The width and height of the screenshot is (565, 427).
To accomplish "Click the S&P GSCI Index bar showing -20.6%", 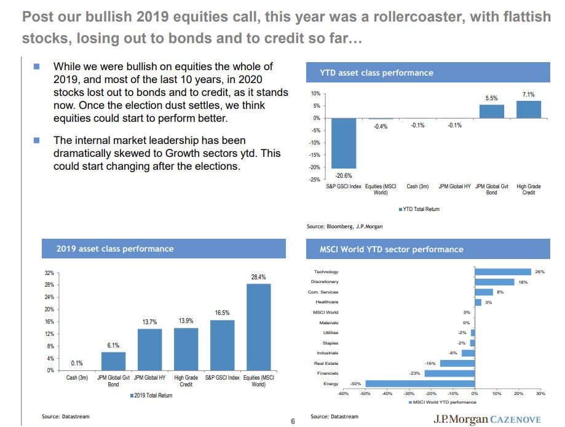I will pyautogui.click(x=343, y=143).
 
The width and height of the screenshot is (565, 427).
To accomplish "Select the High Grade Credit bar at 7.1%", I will pyautogui.click(x=528, y=110).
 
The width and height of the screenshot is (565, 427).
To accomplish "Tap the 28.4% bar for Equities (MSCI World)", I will pyautogui.click(x=258, y=327).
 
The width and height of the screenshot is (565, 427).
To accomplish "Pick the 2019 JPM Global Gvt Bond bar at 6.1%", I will pyautogui.click(x=113, y=361).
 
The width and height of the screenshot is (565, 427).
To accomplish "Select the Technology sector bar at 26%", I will pyautogui.click(x=503, y=271).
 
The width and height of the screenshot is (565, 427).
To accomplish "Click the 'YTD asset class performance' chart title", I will pyautogui.click(x=376, y=73).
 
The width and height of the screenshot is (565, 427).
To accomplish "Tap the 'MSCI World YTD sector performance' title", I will pyautogui.click(x=392, y=249).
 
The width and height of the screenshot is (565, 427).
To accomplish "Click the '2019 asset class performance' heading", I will pyautogui.click(x=115, y=249).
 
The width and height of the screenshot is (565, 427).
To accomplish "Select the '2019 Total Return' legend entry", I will pyautogui.click(x=152, y=395).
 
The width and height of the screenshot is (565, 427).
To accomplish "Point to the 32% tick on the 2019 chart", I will pyautogui.click(x=50, y=272).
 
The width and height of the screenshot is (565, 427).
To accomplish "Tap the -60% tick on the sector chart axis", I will pyautogui.click(x=343, y=393).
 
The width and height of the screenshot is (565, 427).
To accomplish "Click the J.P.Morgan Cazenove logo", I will pyautogui.click(x=487, y=420).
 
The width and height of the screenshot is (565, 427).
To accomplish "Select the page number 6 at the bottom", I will pyautogui.click(x=293, y=421).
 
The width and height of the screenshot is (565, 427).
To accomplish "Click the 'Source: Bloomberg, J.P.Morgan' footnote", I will pyautogui.click(x=344, y=226).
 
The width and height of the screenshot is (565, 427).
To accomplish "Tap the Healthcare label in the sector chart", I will pyautogui.click(x=326, y=302).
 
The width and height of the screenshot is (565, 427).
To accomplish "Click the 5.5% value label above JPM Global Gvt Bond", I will pyautogui.click(x=491, y=98).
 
